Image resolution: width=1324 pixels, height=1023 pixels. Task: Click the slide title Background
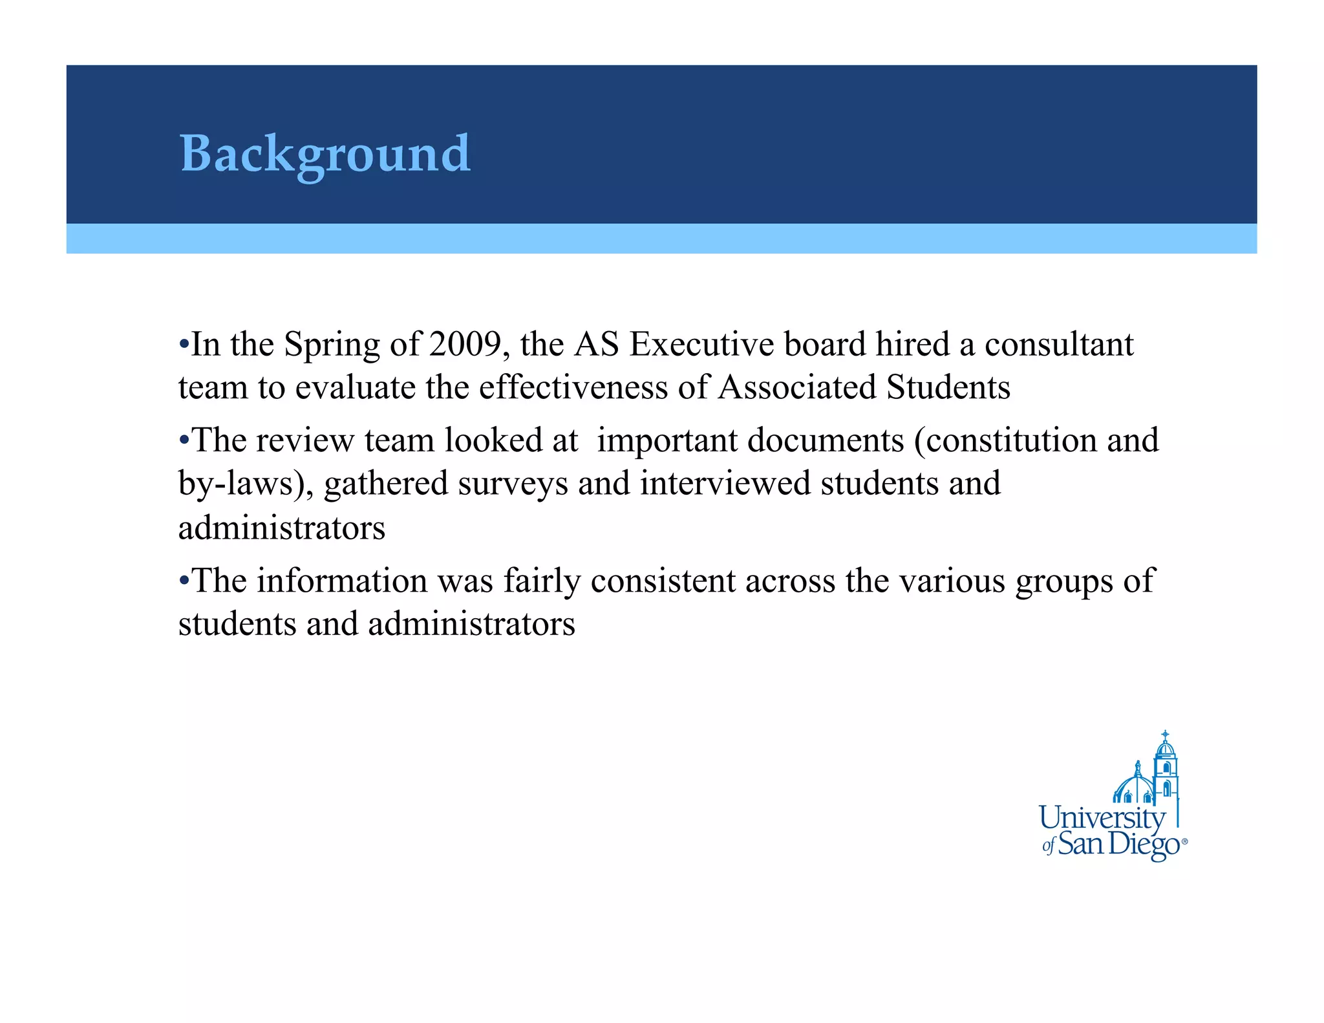[x=325, y=154]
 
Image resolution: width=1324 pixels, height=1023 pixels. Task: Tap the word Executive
[x=701, y=344]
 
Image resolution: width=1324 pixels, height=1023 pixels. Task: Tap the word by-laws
[x=237, y=484]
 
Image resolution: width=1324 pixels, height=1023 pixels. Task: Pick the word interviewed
[x=725, y=483]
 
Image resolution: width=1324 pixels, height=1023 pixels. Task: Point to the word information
[x=342, y=580]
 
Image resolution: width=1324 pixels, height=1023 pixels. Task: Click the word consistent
[x=663, y=580]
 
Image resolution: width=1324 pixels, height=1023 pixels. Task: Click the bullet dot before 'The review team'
[x=184, y=440]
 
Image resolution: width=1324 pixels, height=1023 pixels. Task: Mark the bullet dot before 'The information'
[x=184, y=579]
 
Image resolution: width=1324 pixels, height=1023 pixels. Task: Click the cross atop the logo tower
[x=1165, y=736]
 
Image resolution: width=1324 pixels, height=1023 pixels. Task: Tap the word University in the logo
[x=1102, y=818]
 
